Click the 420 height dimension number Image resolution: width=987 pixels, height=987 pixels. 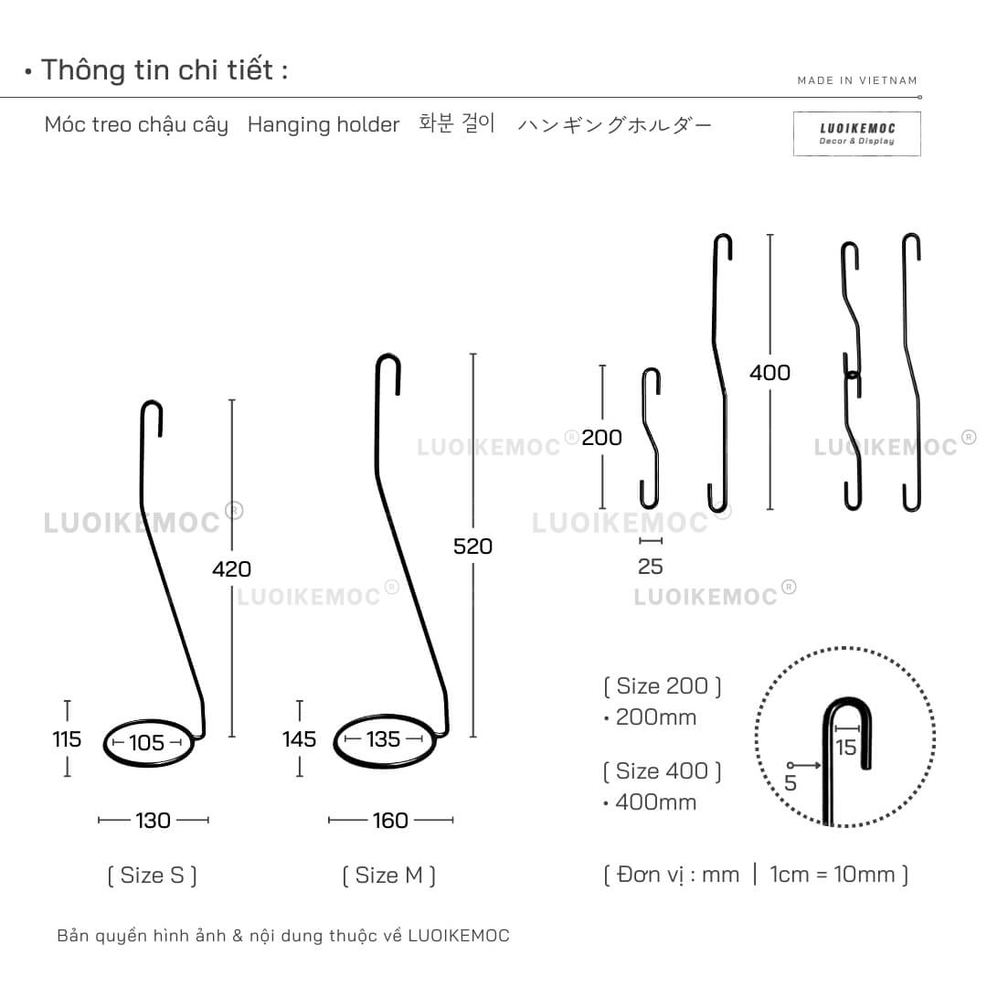tap(231, 569)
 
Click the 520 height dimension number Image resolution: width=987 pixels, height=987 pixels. tap(472, 547)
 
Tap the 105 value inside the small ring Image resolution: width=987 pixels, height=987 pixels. tap(146, 743)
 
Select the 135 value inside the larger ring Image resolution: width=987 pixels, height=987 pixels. tap(383, 739)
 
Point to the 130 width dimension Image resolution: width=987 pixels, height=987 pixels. tap(153, 820)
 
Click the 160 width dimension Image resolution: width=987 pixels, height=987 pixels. tap(390, 820)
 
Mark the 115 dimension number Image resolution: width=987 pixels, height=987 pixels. tap(67, 739)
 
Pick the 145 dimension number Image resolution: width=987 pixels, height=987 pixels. tap(299, 739)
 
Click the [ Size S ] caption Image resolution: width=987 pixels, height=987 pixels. tap(153, 876)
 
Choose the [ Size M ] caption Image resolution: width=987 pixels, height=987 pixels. tap(389, 876)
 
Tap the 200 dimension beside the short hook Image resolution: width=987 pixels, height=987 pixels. tap(601, 438)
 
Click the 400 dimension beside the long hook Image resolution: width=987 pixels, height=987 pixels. tap(769, 373)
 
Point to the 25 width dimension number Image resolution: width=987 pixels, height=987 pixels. tap(651, 567)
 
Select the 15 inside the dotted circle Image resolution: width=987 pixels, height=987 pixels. tap(846, 748)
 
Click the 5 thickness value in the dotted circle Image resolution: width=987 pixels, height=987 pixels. tap(791, 783)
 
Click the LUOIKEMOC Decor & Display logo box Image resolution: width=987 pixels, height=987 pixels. tap(856, 133)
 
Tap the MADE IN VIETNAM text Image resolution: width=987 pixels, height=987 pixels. tap(857, 80)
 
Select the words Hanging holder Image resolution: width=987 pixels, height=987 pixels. tap(324, 124)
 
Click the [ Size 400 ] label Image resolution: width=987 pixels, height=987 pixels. tap(663, 771)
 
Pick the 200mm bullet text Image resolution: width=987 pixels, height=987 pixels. tap(651, 717)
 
